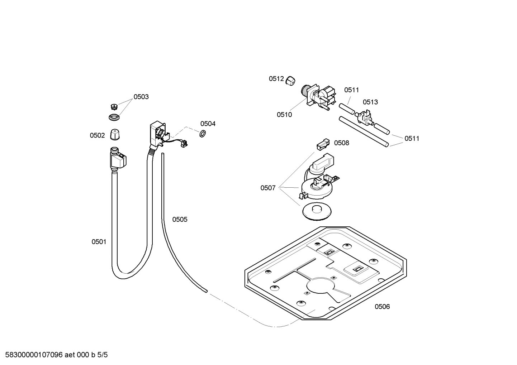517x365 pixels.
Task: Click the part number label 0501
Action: (x=99, y=242)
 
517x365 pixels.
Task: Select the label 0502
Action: (x=97, y=135)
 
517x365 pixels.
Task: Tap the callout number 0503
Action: (x=141, y=97)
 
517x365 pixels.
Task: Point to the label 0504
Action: (x=208, y=124)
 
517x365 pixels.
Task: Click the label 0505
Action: (x=180, y=219)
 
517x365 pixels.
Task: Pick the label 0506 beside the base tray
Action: (x=382, y=306)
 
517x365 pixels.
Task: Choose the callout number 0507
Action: (x=268, y=188)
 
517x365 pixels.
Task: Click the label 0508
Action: (x=341, y=143)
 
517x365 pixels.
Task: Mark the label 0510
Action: (x=284, y=115)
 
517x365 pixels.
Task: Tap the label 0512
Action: (x=276, y=79)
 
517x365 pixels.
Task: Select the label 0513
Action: (x=370, y=102)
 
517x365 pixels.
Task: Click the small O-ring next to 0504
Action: (x=202, y=134)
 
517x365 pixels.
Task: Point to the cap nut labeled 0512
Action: (x=291, y=81)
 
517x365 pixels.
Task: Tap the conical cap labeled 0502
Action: (x=115, y=135)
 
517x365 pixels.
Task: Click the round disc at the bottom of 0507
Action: (x=317, y=211)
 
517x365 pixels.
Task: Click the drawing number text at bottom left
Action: (x=54, y=355)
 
